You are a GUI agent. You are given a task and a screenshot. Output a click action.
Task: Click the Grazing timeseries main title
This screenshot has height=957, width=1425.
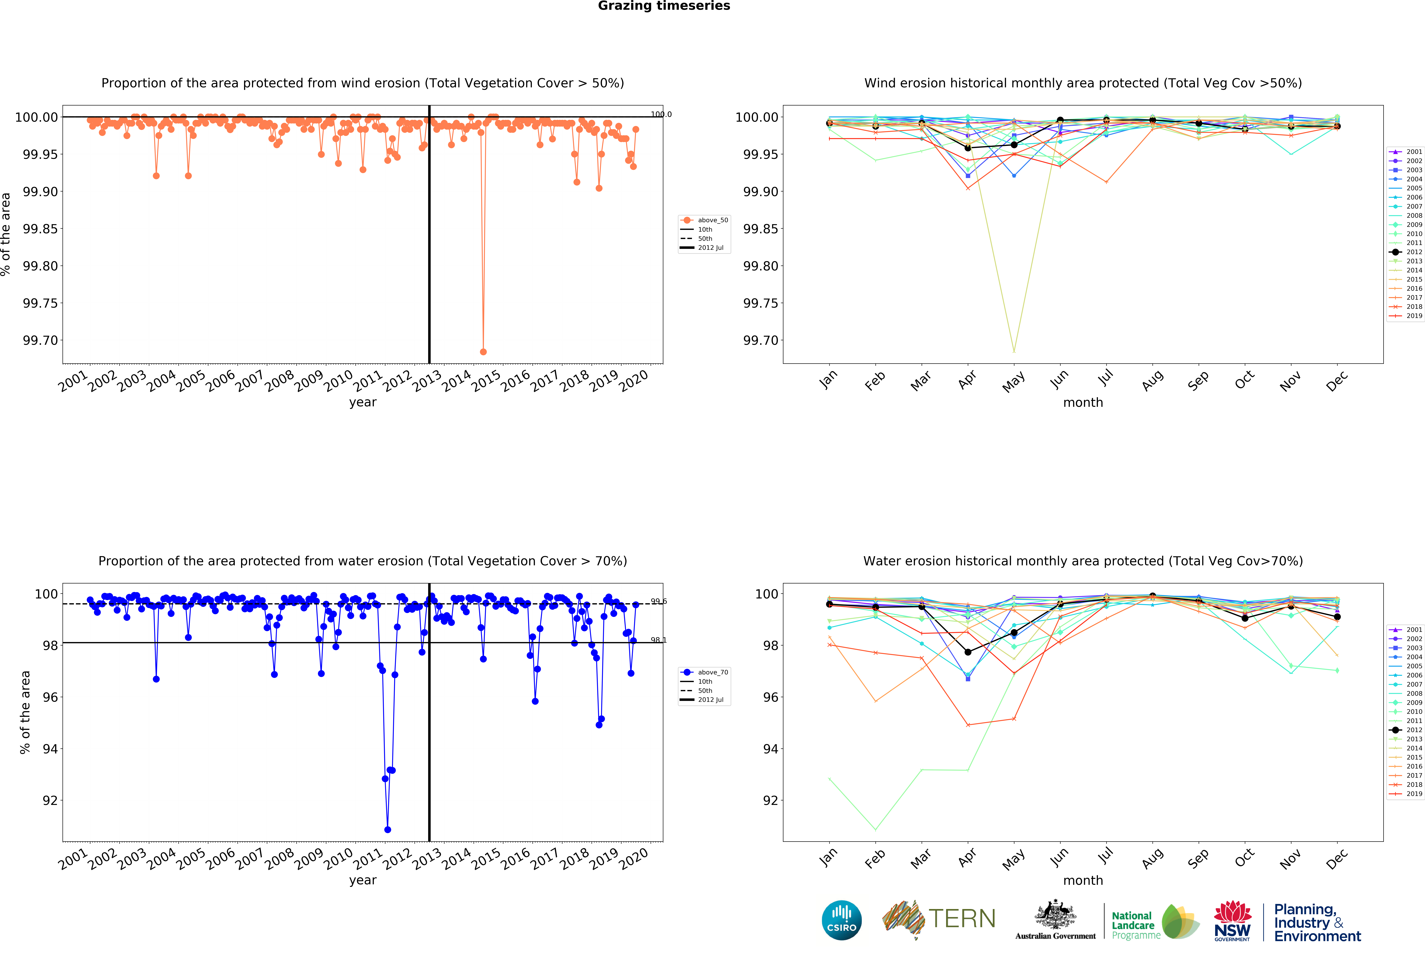click(664, 6)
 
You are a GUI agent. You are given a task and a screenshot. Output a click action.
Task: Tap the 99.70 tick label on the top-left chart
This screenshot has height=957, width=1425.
click(40, 341)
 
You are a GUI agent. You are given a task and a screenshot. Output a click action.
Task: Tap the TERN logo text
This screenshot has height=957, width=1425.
click(962, 918)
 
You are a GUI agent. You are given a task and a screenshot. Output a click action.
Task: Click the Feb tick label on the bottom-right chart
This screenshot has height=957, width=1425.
click(875, 859)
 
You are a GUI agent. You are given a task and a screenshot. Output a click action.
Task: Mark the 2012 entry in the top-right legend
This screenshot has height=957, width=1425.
click(1406, 252)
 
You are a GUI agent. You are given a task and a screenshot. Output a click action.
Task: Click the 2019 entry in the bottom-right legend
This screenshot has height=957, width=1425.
click(1406, 794)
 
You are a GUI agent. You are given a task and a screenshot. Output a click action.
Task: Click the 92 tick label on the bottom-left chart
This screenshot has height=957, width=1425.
click(50, 800)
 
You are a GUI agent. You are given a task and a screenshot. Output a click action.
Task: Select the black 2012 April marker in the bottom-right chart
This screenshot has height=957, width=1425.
click(968, 652)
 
